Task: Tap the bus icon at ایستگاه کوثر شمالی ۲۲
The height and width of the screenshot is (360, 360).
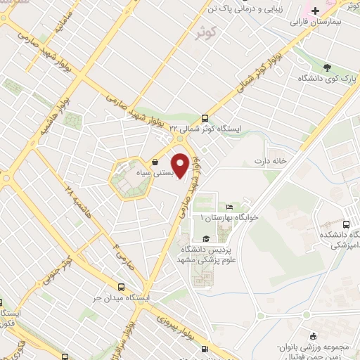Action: click(205, 118)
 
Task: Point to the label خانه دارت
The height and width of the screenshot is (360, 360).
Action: click(272, 160)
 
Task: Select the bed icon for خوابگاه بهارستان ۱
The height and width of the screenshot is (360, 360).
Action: click(229, 207)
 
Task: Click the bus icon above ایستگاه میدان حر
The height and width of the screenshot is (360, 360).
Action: click(122, 287)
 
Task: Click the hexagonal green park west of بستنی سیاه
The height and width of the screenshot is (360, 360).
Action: click(129, 179)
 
